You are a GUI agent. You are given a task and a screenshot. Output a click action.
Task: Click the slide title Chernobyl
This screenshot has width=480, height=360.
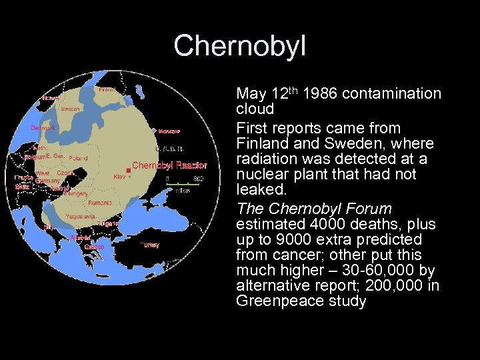240,46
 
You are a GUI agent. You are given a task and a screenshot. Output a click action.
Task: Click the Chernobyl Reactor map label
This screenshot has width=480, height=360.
169,165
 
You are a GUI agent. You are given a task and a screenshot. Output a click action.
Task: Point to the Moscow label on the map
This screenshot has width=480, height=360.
169,131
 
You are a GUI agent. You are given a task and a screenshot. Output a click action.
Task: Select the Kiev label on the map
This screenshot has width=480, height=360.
119,177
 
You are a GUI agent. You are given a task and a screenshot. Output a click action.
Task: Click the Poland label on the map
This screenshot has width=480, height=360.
78,158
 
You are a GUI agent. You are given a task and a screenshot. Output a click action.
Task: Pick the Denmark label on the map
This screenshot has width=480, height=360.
43,128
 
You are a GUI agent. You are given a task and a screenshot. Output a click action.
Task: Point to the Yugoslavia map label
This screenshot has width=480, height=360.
81,216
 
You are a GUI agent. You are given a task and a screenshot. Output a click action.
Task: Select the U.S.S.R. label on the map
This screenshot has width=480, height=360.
169,149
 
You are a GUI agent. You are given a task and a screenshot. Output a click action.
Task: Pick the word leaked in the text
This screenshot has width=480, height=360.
258,190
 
